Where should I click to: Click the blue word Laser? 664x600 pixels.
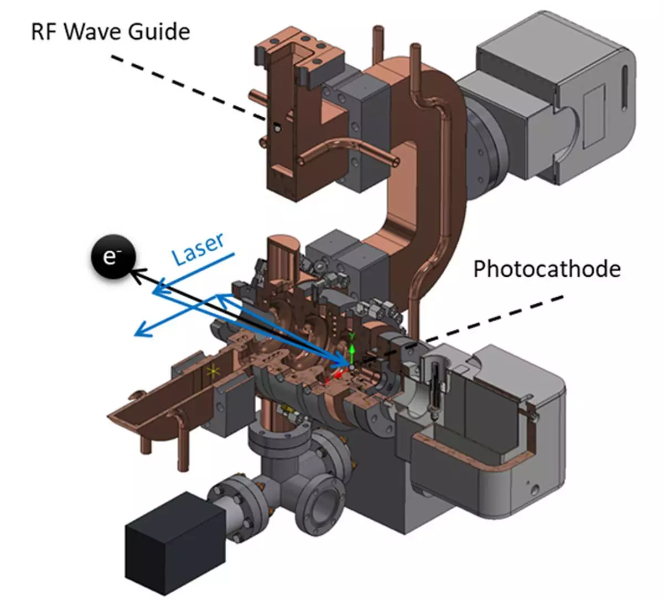[x=198, y=249]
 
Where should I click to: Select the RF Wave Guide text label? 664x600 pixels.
[x=111, y=31]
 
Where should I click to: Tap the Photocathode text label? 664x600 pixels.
[x=547, y=269]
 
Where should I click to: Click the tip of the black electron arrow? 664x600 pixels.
[x=133, y=270]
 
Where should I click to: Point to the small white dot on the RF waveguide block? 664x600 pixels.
[x=277, y=128]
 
